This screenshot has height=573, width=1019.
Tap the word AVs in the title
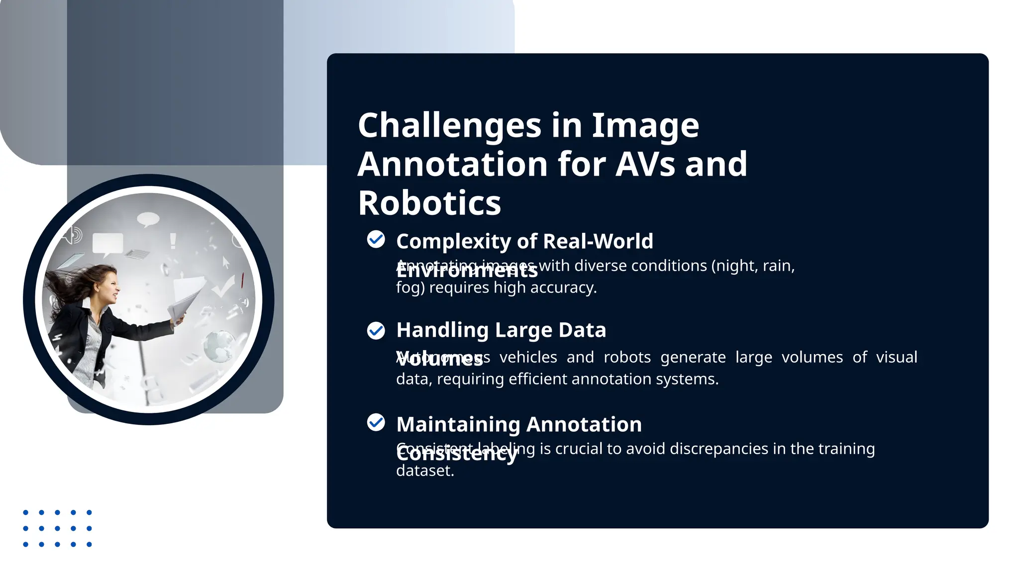(644, 164)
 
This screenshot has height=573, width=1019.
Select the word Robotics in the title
(429, 203)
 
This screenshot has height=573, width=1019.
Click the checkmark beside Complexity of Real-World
(376, 239)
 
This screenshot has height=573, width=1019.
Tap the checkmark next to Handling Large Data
(376, 330)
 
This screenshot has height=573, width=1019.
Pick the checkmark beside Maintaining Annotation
(376, 422)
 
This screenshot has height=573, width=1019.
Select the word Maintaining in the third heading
(458, 425)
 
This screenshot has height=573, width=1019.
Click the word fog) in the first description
(410, 287)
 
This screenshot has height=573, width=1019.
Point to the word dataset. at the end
(425, 471)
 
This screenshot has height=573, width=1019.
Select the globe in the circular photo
(219, 346)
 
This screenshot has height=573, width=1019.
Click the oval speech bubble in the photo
(148, 219)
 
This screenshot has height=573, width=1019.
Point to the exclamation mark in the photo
(173, 241)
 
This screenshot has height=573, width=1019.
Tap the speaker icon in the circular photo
(73, 235)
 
